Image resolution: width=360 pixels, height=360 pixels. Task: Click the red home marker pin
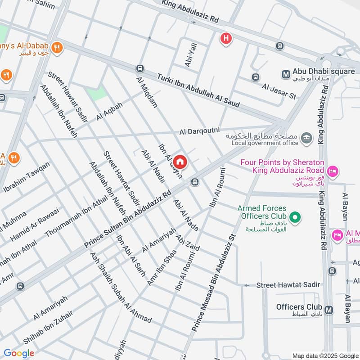point(180,161)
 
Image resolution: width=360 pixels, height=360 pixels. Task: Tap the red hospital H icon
point(225,39)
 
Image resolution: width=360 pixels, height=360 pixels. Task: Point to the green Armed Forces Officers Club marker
point(295,218)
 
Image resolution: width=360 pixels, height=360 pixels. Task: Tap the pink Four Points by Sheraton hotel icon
point(333,171)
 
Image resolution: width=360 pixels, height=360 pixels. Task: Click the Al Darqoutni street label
point(199,131)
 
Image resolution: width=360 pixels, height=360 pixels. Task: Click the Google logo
point(19,353)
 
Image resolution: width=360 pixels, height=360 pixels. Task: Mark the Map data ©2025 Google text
point(325,355)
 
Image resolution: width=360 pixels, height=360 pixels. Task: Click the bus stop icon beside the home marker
point(195,182)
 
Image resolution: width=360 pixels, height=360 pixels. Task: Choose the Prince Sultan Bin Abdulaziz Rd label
point(129,219)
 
